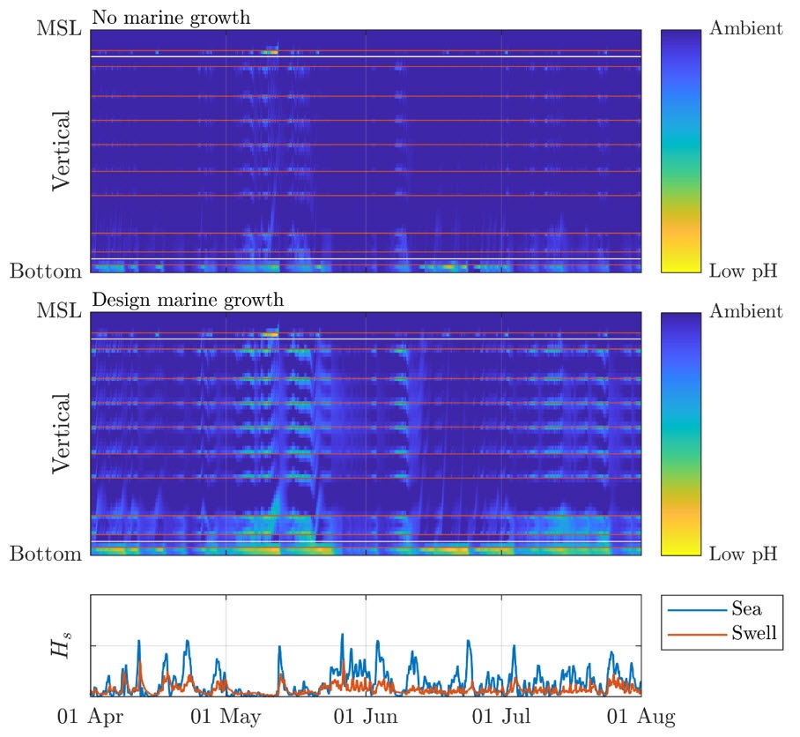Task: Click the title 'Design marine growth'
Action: [187, 300]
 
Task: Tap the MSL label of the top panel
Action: [58, 28]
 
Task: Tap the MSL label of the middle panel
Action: [58, 311]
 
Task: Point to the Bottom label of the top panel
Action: [46, 271]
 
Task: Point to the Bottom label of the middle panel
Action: [46, 554]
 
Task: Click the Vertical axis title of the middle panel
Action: [61, 433]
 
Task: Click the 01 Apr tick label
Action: [90, 717]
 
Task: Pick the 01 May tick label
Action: [227, 717]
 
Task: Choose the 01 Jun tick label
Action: [366, 717]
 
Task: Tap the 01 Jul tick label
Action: [501, 717]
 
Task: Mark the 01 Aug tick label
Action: [641, 717]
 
